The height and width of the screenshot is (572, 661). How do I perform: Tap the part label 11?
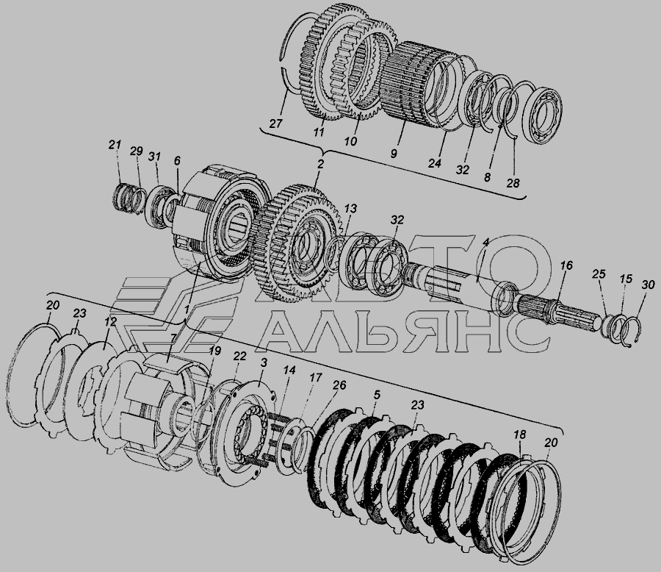319,132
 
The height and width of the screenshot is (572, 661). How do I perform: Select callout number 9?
394,154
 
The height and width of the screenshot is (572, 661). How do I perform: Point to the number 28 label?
513,183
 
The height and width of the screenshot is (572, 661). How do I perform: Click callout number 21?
115,145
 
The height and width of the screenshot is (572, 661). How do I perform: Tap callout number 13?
350,208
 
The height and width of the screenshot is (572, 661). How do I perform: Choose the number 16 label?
566,265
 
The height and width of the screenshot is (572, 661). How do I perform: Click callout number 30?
649,285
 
